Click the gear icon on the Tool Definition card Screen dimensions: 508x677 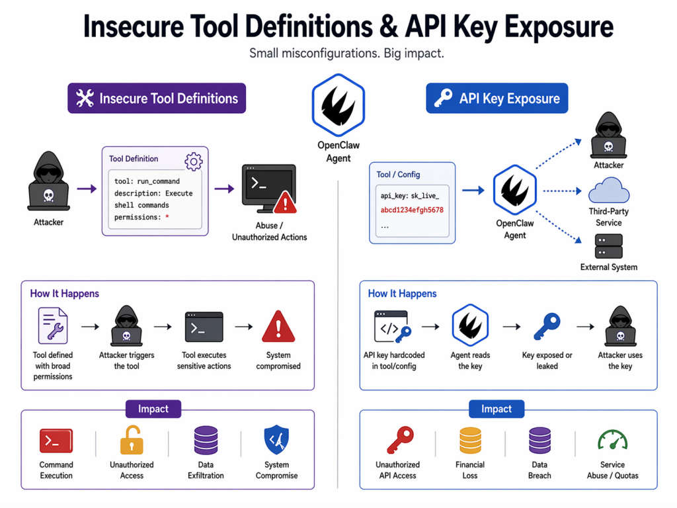(x=193, y=160)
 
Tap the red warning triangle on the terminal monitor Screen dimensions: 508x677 (x=285, y=201)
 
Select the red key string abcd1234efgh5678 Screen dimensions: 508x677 (x=412, y=210)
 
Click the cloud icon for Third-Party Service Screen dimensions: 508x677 (x=608, y=192)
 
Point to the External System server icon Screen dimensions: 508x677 (x=608, y=246)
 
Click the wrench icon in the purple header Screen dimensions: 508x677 (x=85, y=99)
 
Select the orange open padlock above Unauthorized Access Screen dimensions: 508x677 (x=131, y=441)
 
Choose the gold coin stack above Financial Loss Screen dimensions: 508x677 (x=470, y=441)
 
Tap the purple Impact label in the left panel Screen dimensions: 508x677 (x=153, y=409)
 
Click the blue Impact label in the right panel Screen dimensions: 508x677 (x=497, y=409)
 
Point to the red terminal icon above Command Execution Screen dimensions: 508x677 (x=56, y=441)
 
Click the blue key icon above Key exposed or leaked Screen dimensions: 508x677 (x=546, y=326)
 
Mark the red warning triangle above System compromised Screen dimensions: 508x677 (x=278, y=327)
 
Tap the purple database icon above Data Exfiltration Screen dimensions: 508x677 (x=206, y=441)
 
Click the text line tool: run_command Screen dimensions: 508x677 (x=147, y=181)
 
